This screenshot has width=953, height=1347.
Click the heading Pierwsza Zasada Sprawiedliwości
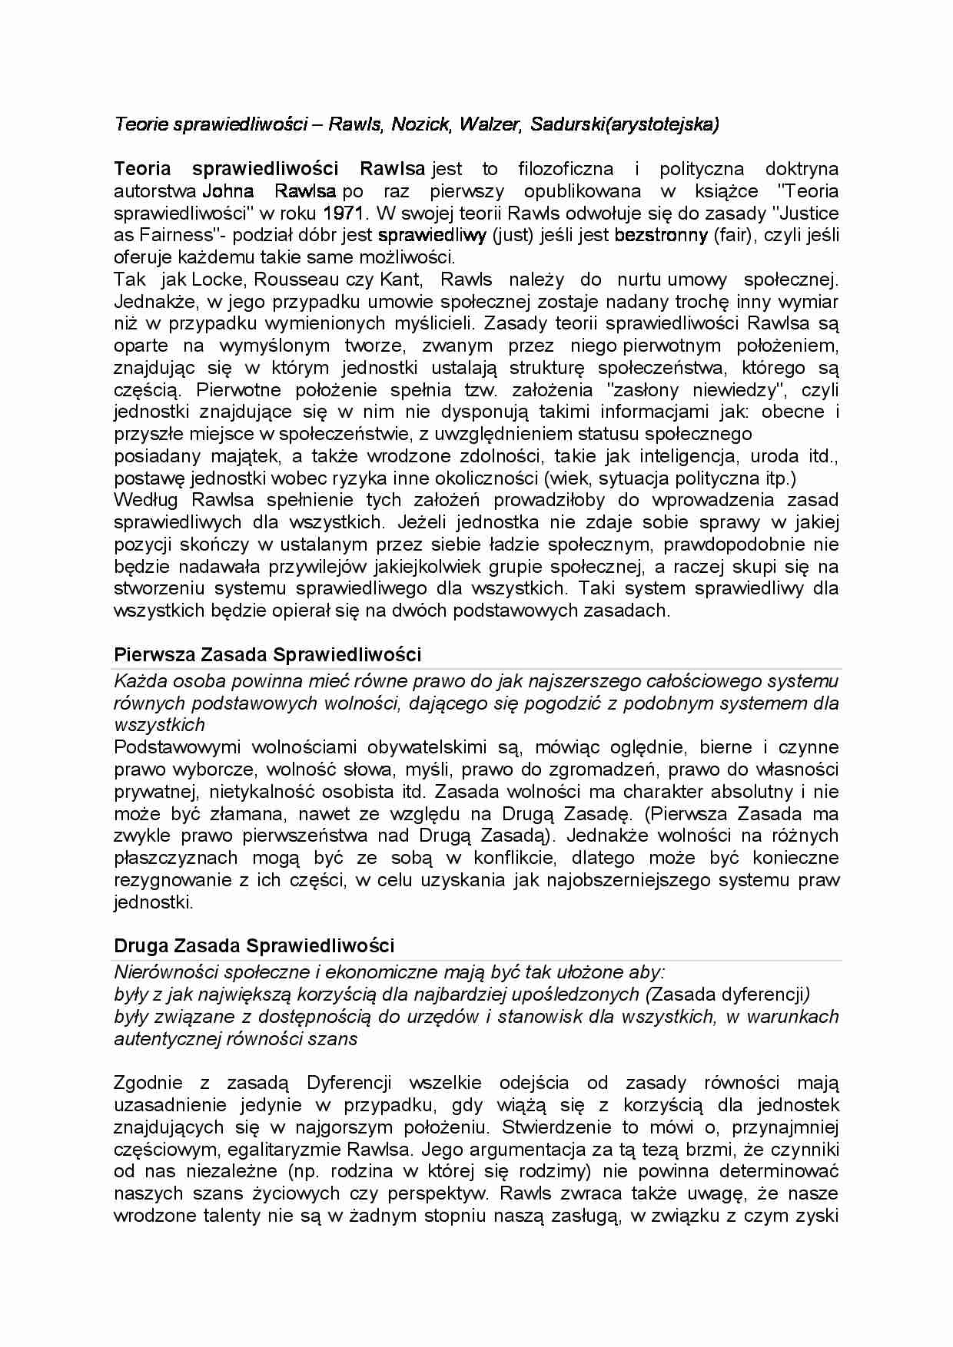[267, 654]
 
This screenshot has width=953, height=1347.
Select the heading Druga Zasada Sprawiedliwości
[254, 945]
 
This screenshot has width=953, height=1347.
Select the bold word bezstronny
[661, 235]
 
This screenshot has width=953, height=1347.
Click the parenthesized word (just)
[513, 235]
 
